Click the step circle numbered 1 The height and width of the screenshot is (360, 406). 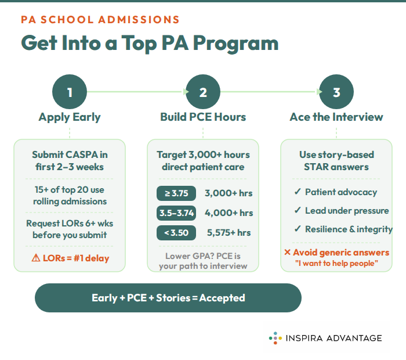point(70,92)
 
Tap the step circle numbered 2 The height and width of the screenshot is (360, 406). point(203,92)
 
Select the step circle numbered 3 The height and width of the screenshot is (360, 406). point(336,92)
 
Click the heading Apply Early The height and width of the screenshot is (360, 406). point(70,117)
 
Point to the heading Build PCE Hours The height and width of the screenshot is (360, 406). point(203,117)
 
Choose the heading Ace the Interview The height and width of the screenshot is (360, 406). point(336,117)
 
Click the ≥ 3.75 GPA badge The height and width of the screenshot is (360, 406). point(176,193)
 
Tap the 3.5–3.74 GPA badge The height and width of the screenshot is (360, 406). point(176,213)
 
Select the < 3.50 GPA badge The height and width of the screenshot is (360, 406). point(176,233)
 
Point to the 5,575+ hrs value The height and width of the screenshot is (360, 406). point(229,233)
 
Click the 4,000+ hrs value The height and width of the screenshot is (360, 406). point(229,213)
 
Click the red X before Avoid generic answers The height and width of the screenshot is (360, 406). point(287,253)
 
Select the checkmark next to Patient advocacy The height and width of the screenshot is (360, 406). point(298,192)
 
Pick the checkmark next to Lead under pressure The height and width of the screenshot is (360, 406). point(298,211)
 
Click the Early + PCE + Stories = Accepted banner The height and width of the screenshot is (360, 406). point(168,298)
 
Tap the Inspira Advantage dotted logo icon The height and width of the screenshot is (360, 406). point(275,337)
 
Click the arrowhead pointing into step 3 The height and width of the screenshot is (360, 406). point(320,92)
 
